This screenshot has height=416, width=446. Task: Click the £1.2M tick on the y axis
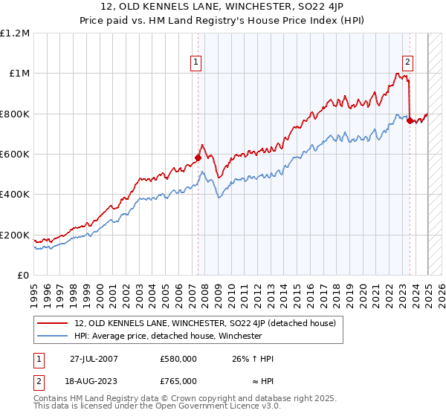[x=15, y=33]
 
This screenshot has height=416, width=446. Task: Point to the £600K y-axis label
[x=15, y=155]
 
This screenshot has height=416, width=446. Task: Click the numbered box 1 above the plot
[x=195, y=63]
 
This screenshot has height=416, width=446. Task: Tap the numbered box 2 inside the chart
[x=408, y=63]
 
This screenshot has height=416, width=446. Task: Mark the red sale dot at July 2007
[x=198, y=157]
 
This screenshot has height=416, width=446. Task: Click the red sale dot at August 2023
[x=410, y=120]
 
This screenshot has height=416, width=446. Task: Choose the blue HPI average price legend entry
[x=168, y=336]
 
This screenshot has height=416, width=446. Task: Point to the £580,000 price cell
[x=178, y=359]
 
